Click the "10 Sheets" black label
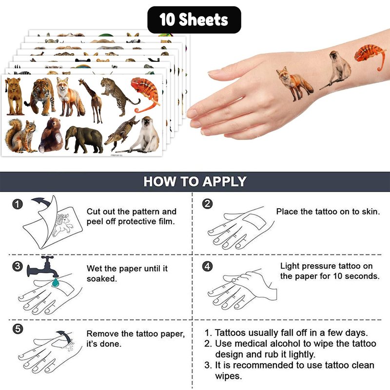pyautogui.click(x=194, y=20)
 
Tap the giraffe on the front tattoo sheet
pyautogui.click(x=92, y=100)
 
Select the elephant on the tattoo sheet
pyautogui.click(x=84, y=140)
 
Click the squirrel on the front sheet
pyautogui.click(x=20, y=136)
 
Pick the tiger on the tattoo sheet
pyautogui.click(x=41, y=97)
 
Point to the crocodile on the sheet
pyautogui.click(x=122, y=133)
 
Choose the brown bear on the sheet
pyautogui.click(x=51, y=136)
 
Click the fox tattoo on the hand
pyautogui.click(x=295, y=83)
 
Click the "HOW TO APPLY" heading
pyautogui.click(x=195, y=181)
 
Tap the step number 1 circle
pyautogui.click(x=18, y=204)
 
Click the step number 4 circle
pyautogui.click(x=208, y=266)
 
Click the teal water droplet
pyautogui.click(x=55, y=282)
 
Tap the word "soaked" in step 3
pyautogui.click(x=102, y=278)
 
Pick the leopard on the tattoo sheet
pyautogui.click(x=119, y=96)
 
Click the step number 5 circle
pyautogui.click(x=18, y=329)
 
